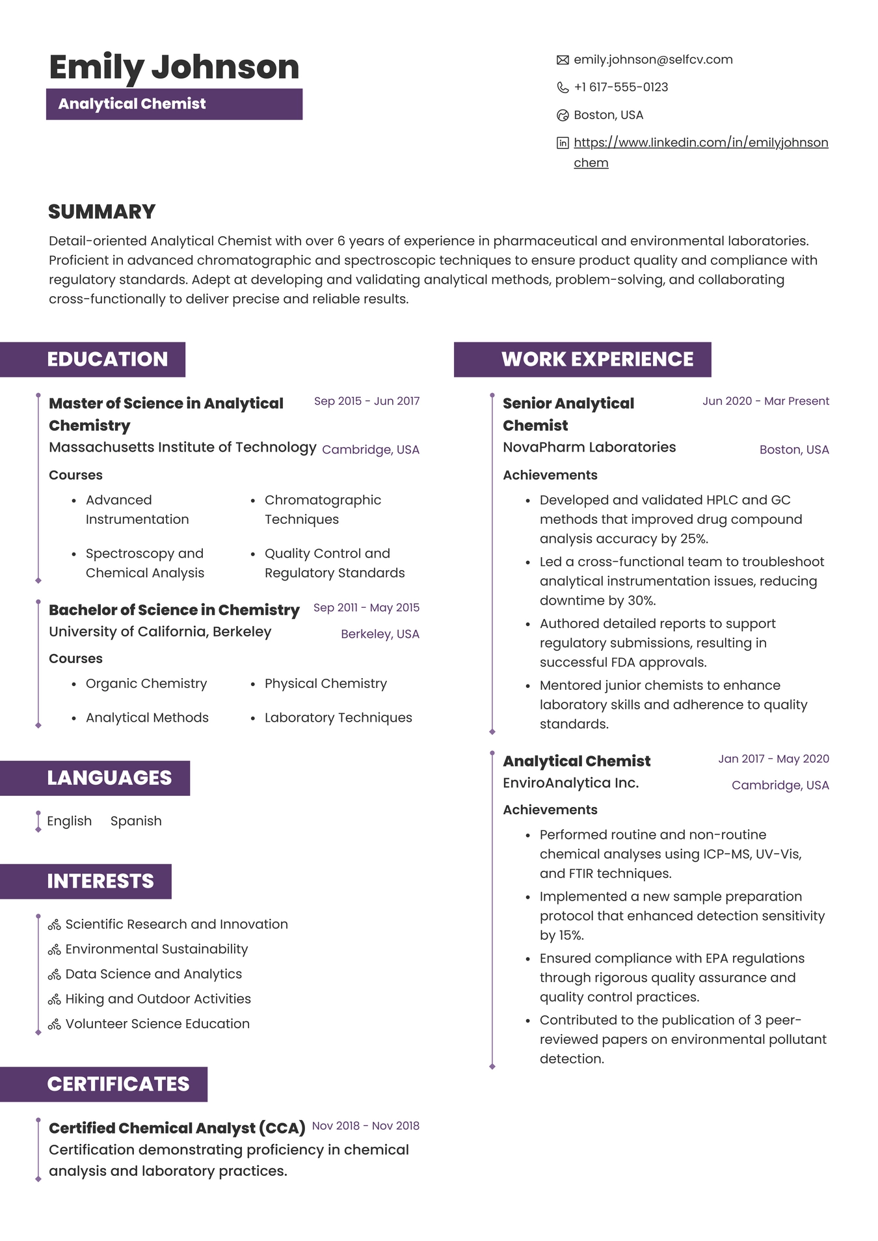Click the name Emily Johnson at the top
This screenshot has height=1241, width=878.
(x=174, y=67)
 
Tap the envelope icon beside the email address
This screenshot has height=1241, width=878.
(x=563, y=60)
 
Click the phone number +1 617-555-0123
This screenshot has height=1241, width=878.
(x=620, y=87)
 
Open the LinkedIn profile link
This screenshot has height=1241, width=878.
(x=700, y=143)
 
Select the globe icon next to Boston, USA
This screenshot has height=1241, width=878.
(x=563, y=115)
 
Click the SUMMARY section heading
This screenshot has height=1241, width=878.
(x=101, y=211)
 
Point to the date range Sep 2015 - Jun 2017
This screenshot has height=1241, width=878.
(x=366, y=401)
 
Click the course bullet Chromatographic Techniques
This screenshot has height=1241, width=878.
(x=322, y=510)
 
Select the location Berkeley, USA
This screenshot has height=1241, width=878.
(x=380, y=634)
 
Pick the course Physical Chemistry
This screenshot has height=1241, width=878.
(x=325, y=683)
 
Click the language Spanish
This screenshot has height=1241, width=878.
(x=136, y=821)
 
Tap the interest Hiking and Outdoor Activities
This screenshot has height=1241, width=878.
(x=157, y=998)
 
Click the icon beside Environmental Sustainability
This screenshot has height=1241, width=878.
(x=55, y=949)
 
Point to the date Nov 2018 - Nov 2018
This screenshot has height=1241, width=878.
(x=366, y=1126)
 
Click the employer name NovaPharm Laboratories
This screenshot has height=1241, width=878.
(x=589, y=447)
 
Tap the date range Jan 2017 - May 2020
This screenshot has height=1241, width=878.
(x=773, y=759)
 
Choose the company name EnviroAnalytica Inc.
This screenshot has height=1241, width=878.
(x=570, y=783)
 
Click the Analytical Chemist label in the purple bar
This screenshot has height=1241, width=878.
(x=132, y=104)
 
